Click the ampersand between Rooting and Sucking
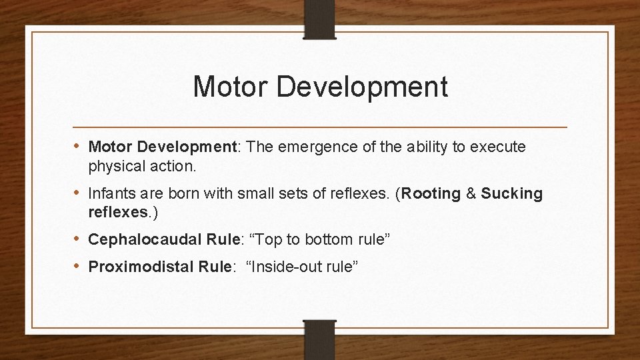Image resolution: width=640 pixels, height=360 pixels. pyautogui.click(x=471, y=193)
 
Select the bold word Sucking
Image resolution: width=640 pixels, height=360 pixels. pyautogui.click(x=512, y=193)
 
